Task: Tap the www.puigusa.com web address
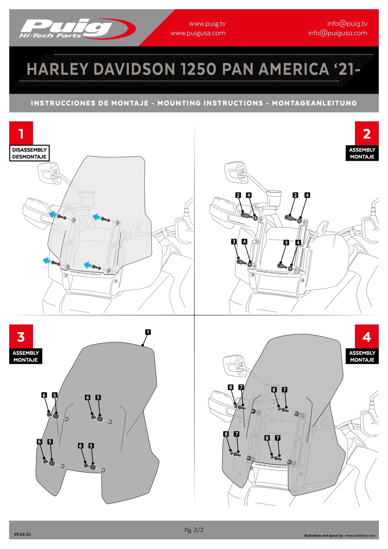coord(198,33)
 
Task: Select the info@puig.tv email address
coord(347,24)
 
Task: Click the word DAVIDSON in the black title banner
coord(135,69)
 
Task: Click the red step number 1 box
coord(21,133)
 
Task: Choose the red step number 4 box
coord(367,336)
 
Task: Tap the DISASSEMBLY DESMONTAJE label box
coord(29,153)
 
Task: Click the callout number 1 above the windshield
coord(148,332)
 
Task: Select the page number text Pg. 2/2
coord(194,530)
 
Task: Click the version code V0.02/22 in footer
coord(22,534)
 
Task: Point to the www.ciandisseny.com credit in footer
coord(360,536)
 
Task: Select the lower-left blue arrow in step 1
coord(47,260)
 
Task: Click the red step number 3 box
coord(21,336)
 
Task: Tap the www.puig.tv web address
coord(207,24)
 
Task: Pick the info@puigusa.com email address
coord(338,33)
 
